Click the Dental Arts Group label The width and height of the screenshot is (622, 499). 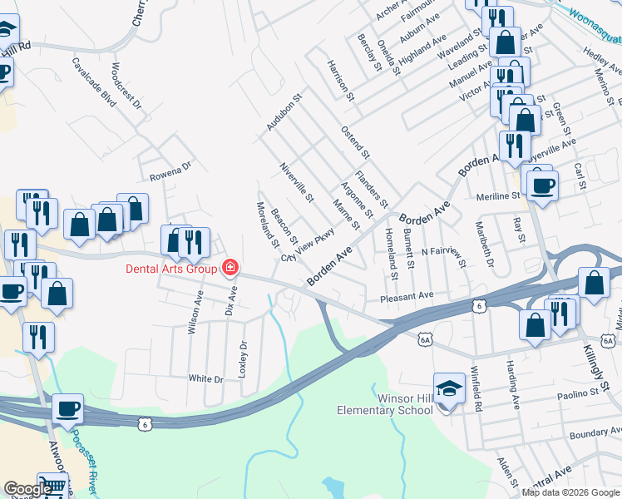click(171, 268)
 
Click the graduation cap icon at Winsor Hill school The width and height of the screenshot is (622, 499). click(449, 389)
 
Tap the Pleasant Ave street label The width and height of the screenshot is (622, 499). click(407, 295)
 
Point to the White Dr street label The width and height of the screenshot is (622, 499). click(206, 378)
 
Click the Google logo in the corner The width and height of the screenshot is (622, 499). click(27, 490)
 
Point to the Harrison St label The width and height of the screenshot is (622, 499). click(341, 81)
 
